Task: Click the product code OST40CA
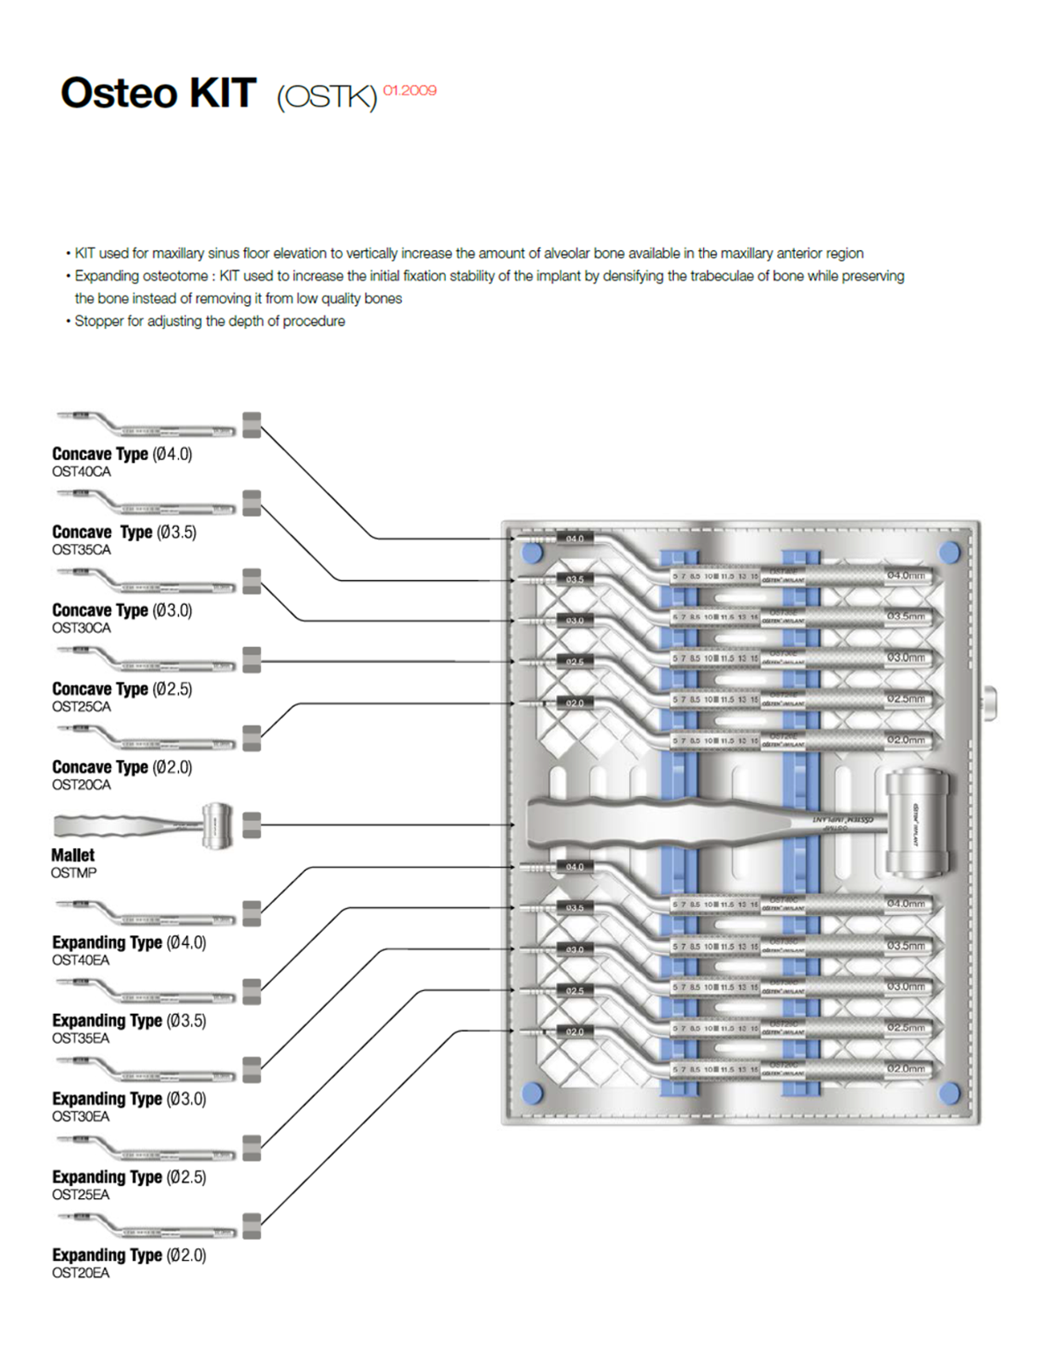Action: pyautogui.click(x=81, y=472)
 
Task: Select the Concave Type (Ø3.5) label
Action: pyautogui.click(x=124, y=532)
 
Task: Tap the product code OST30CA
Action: pyautogui.click(x=81, y=628)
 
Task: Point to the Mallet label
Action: pyautogui.click(x=72, y=855)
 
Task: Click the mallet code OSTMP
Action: pyautogui.click(x=74, y=873)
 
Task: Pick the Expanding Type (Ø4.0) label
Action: pyautogui.click(x=129, y=942)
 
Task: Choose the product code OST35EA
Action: pyautogui.click(x=81, y=1039)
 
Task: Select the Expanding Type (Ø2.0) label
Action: pyautogui.click(x=129, y=1255)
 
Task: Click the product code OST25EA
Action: pyautogui.click(x=81, y=1195)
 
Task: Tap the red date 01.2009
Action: pyautogui.click(x=410, y=90)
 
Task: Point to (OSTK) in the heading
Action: pyautogui.click(x=327, y=96)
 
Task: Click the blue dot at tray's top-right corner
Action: pyautogui.click(x=949, y=553)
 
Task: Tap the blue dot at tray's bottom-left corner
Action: pyautogui.click(x=532, y=1093)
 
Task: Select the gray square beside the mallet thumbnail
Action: pyautogui.click(x=251, y=825)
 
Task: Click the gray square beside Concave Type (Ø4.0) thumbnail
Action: pyautogui.click(x=251, y=424)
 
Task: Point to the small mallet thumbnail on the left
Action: pyautogui.click(x=141, y=825)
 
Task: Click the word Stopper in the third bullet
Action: pyautogui.click(x=99, y=322)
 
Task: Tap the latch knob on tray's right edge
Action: pyautogui.click(x=991, y=704)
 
